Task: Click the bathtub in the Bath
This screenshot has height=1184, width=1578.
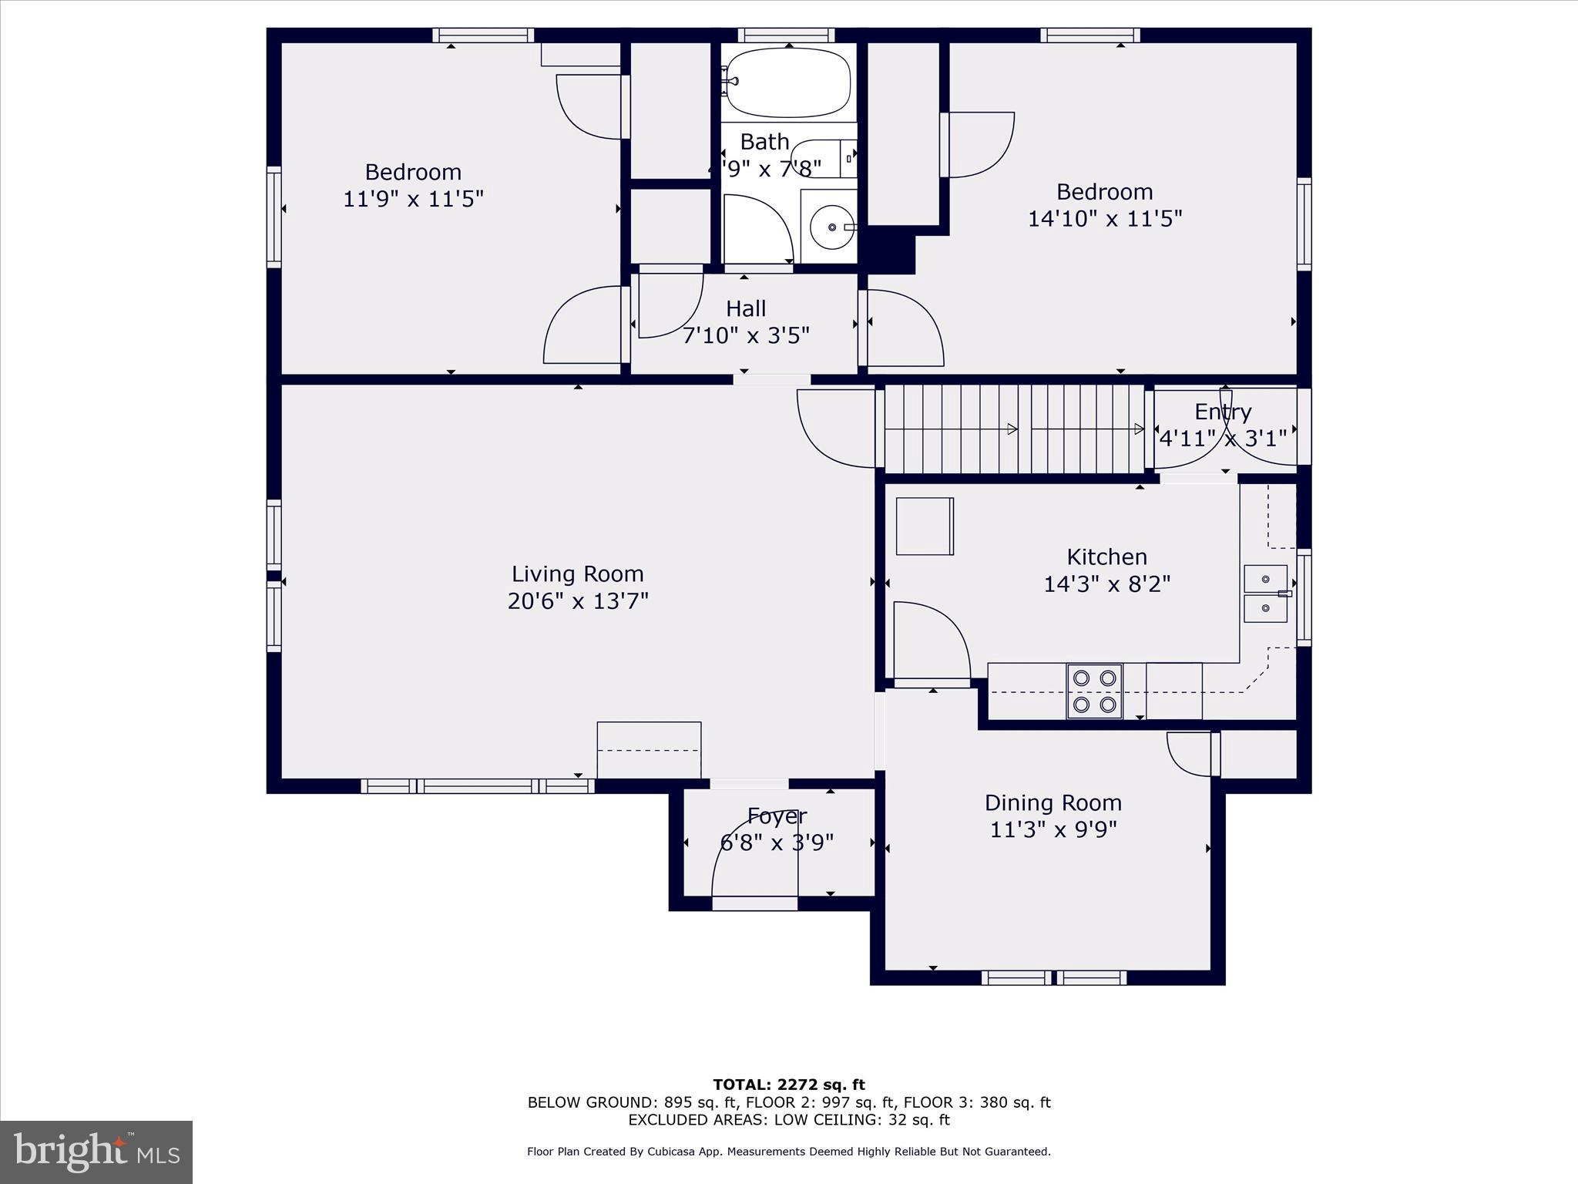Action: [x=787, y=82]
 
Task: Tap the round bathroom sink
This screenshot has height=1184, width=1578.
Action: [x=831, y=227]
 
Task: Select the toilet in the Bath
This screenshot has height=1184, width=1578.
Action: [x=822, y=159]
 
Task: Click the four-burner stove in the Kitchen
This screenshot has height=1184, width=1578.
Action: [x=1094, y=691]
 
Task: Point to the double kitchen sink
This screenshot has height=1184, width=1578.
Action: [x=1265, y=594]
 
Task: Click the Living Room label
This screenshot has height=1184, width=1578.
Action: [x=578, y=573]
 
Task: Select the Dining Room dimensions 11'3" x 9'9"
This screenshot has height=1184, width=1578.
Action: [x=1053, y=829]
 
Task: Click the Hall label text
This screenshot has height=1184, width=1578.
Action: [x=745, y=308]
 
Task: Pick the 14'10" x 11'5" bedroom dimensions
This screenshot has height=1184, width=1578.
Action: [x=1104, y=218]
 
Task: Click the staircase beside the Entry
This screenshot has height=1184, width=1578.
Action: [x=1013, y=429]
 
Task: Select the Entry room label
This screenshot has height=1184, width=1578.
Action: [x=1223, y=412]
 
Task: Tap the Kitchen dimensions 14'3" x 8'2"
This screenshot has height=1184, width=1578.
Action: [x=1106, y=584]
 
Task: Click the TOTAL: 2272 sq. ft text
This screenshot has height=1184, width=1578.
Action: [x=789, y=1085]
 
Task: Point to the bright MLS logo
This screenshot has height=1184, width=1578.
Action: [x=96, y=1152]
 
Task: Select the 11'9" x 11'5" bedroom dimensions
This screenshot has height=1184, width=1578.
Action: [x=413, y=199]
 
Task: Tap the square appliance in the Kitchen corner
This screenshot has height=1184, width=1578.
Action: [x=925, y=526]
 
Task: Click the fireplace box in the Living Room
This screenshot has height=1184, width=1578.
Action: [x=649, y=749]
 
